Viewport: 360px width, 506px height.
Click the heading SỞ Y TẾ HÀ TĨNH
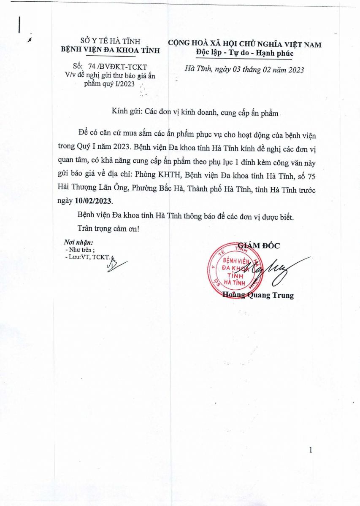111,41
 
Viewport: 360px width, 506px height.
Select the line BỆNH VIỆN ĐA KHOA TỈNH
111,50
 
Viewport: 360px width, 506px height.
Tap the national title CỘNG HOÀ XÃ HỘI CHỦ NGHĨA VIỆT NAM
244,44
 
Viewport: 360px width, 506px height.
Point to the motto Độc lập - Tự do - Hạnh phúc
244,54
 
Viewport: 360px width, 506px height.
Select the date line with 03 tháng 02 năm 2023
245,70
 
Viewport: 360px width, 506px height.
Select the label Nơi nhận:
78,242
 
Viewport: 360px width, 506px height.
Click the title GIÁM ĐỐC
258,246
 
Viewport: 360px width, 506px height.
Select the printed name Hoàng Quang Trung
258,295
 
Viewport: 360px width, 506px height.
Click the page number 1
311,451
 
